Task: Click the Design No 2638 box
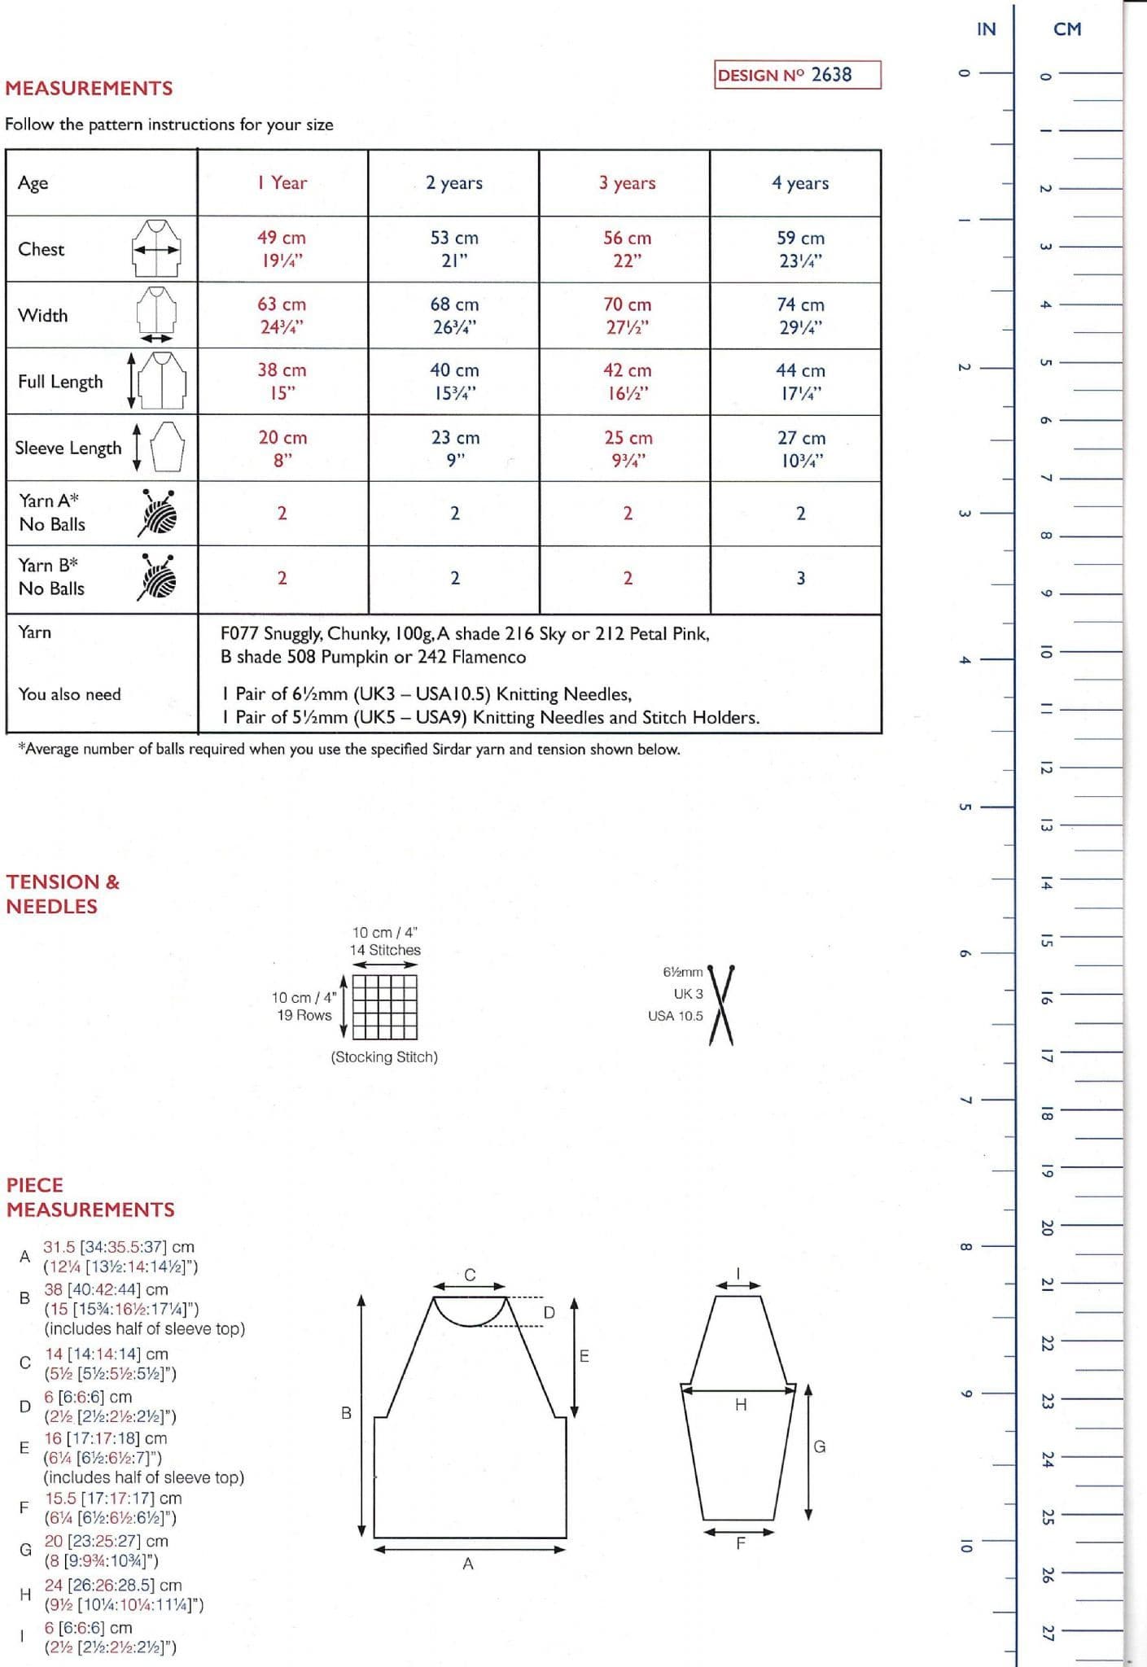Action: click(797, 75)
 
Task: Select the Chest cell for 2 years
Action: click(454, 249)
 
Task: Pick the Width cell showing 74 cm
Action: click(799, 315)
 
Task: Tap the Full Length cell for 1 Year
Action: click(282, 381)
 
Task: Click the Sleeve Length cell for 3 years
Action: click(627, 448)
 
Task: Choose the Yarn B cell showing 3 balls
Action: click(800, 578)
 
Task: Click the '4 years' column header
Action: click(799, 183)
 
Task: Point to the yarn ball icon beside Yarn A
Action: click(159, 512)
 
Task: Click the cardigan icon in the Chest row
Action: click(156, 248)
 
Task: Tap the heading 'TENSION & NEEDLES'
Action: click(63, 894)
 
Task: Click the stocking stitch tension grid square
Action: click(385, 1006)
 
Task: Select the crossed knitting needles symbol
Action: click(721, 1004)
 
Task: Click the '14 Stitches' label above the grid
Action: click(385, 950)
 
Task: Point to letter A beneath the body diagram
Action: click(467, 1563)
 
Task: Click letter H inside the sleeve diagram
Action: click(740, 1404)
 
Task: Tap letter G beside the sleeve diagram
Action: click(819, 1446)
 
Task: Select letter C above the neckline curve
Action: click(470, 1275)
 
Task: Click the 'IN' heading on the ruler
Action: click(986, 29)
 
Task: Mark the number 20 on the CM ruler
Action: click(1048, 1227)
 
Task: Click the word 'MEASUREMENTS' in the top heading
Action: click(89, 88)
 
